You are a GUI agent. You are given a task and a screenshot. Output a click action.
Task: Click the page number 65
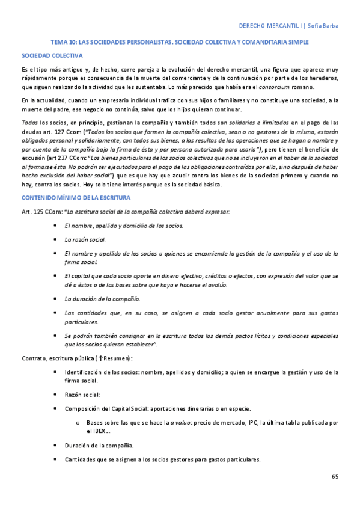coord(335,477)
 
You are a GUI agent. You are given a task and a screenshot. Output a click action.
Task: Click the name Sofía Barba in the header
coord(325,26)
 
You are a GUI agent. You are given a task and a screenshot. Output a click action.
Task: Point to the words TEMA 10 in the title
coord(64,43)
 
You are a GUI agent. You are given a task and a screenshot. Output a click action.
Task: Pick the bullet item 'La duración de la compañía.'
coord(102,298)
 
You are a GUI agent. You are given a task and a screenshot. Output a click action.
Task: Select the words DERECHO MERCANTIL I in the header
coord(270,26)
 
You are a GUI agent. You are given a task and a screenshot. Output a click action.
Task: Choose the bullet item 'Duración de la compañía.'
coord(99,446)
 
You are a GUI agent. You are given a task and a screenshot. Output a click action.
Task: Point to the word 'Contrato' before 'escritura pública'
coord(34,358)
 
